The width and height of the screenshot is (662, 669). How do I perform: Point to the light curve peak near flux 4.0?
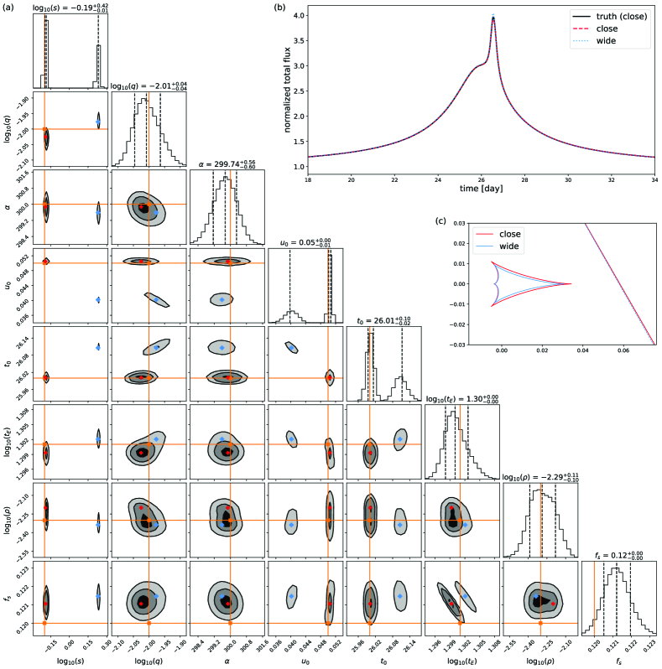(493, 16)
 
